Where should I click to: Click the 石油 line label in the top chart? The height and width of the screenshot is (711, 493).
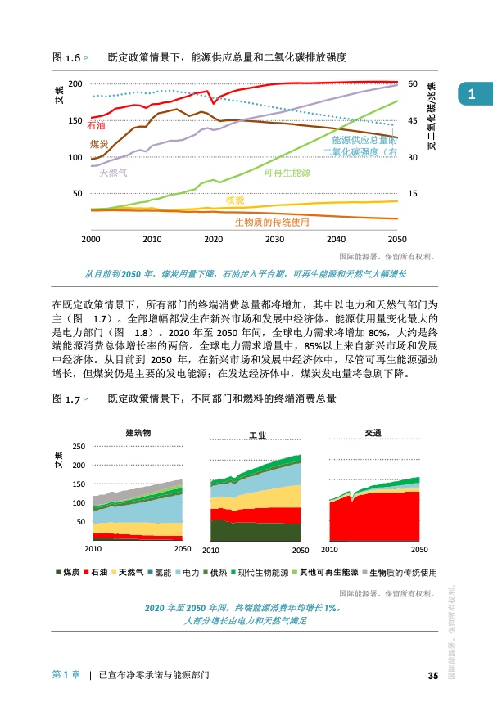[x=96, y=125]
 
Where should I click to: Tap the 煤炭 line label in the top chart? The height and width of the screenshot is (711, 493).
[x=99, y=144]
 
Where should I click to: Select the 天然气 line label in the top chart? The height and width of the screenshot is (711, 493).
[x=113, y=173]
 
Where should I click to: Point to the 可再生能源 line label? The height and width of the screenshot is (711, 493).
[x=287, y=173]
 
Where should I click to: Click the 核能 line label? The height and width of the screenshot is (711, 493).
[x=234, y=200]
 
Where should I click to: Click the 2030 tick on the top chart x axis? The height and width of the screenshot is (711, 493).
[x=274, y=239]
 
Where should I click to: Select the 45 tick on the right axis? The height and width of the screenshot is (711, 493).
[x=413, y=121]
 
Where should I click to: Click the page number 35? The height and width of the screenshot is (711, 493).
[x=433, y=676]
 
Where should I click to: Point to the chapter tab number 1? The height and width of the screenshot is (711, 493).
[x=472, y=95]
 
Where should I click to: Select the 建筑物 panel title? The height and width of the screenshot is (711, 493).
[x=138, y=431]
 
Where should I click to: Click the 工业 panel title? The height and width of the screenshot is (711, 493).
[x=256, y=434]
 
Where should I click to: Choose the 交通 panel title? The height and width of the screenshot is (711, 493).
[x=373, y=431]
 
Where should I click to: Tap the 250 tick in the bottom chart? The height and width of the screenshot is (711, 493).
[x=79, y=446]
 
